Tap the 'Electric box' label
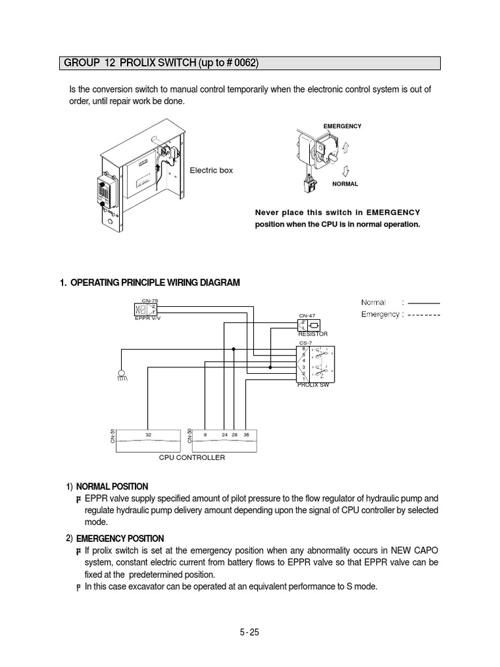211,170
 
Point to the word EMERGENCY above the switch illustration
342,126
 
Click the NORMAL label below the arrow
345,184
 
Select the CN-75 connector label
150,300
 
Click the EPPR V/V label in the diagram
146,319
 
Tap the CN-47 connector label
307,316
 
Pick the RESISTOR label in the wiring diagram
312,333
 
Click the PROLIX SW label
313,386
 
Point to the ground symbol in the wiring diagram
120,374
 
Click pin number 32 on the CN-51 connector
148,434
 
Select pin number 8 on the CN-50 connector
204,434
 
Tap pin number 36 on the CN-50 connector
246,434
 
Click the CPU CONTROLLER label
192,458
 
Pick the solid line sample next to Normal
423,303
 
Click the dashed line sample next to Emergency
423,315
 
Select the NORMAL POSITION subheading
112,487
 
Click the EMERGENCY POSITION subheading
120,539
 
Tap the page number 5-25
251,632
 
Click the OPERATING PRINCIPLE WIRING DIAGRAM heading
154,282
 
